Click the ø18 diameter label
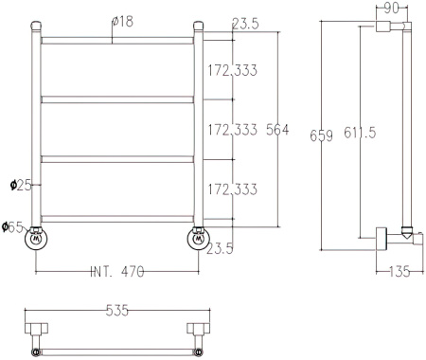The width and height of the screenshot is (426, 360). pyautogui.click(x=122, y=22)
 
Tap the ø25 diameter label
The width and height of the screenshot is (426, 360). pyautogui.click(x=21, y=186)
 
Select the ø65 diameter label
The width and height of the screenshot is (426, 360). pyautogui.click(x=12, y=227)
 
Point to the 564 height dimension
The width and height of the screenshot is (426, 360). pyautogui.click(x=277, y=130)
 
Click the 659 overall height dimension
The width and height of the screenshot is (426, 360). pyautogui.click(x=321, y=135)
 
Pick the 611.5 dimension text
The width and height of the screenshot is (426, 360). pyautogui.click(x=360, y=133)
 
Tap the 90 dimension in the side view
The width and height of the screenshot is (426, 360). pyautogui.click(x=392, y=9)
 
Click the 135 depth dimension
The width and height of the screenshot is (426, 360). pyautogui.click(x=399, y=272)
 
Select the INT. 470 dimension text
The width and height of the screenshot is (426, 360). pyautogui.click(x=117, y=272)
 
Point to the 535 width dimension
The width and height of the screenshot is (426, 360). pyautogui.click(x=117, y=311)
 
